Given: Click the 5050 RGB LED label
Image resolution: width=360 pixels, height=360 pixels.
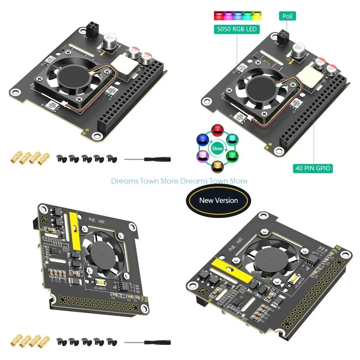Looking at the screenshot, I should (x=237, y=29).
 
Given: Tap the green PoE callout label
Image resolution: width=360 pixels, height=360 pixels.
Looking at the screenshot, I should (x=287, y=16).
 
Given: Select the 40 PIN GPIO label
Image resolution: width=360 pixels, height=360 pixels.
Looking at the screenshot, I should (x=312, y=168).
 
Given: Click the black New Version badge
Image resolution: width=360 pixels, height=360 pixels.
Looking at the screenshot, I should (x=218, y=200).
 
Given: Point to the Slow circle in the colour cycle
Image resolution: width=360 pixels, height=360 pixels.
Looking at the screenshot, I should (x=217, y=148).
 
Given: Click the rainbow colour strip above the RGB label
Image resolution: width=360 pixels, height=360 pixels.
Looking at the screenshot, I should (x=237, y=16).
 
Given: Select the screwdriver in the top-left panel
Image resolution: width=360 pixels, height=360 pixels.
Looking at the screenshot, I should (x=148, y=159).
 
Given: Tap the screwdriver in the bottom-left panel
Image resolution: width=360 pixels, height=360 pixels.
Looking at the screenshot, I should (x=148, y=342).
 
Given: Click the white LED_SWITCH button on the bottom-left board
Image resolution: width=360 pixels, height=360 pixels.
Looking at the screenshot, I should (x=99, y=282).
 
